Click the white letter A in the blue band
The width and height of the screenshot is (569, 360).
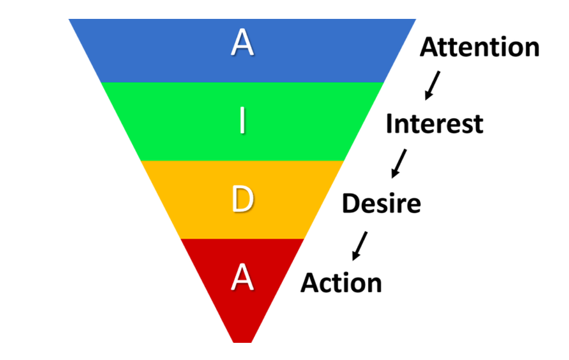click(242, 43)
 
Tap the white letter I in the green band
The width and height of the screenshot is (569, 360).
click(243, 121)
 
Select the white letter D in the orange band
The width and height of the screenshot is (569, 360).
click(242, 200)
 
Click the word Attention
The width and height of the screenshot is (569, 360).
click(480, 47)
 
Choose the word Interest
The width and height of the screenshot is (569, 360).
click(434, 124)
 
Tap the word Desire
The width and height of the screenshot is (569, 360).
click(381, 203)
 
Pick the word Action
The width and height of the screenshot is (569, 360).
click(341, 283)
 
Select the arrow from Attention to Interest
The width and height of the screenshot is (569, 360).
click(432, 85)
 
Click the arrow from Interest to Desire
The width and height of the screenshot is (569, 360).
click(398, 163)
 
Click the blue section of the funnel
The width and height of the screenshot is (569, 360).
click(172, 52)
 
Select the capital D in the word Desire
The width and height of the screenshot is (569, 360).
click(350, 203)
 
